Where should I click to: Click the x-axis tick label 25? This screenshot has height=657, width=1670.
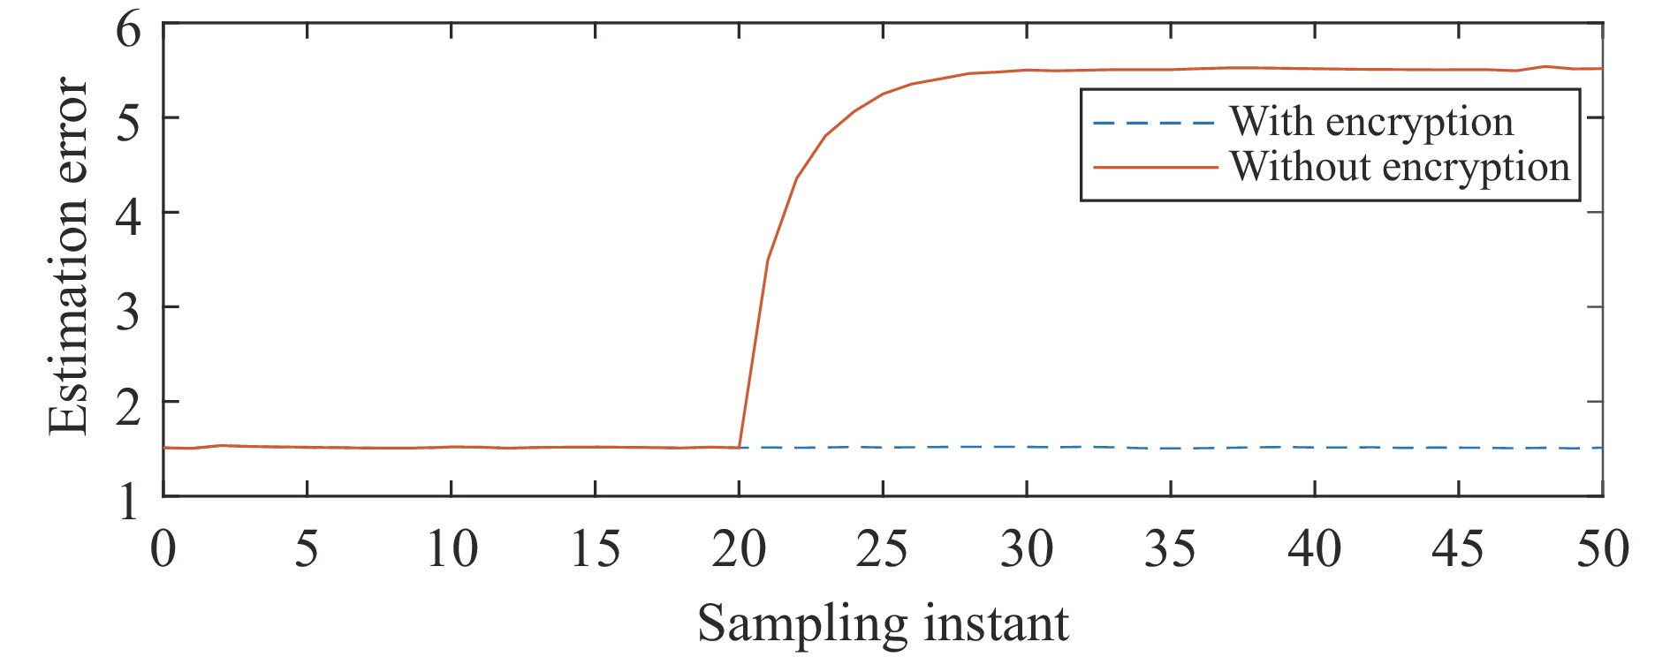coord(882,549)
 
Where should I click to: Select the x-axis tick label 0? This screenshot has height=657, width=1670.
coord(163,549)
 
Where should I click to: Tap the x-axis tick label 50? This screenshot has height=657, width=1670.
coord(1602,549)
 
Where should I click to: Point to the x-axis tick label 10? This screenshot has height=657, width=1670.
coord(452,549)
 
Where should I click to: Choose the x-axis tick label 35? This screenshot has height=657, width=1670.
coord(1170,549)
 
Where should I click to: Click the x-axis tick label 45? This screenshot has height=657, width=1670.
coord(1458,549)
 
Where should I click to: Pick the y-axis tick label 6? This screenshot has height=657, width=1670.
coord(128,30)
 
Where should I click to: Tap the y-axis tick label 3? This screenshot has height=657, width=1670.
coord(128,309)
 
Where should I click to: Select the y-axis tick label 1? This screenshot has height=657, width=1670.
coord(128,501)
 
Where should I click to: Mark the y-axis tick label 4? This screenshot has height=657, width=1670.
coord(128,215)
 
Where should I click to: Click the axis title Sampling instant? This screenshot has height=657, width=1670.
coord(883,624)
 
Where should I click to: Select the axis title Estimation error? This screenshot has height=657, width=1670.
coord(69,256)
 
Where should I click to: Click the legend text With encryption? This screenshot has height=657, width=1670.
coord(1371,122)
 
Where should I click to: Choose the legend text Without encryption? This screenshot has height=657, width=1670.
coord(1400,167)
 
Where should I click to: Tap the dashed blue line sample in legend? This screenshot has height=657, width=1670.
coord(1154,123)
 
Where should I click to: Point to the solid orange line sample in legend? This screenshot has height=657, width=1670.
coord(1154,167)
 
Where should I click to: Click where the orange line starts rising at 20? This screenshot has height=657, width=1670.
coord(740,447)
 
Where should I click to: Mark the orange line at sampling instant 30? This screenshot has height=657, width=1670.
coord(1027,70)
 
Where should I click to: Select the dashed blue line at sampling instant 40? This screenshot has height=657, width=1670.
coord(1315,448)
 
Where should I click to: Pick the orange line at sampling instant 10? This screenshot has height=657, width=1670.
coord(452,447)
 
